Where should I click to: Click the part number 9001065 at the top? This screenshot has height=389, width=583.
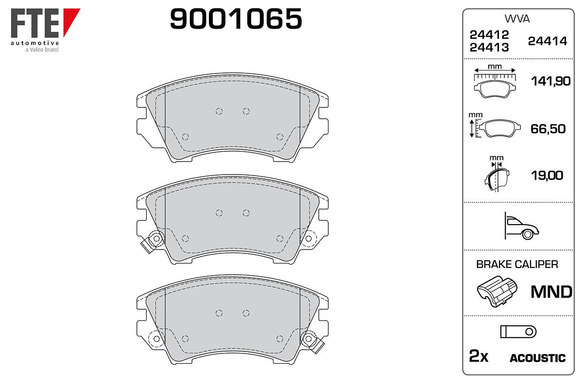pyautogui.click(x=236, y=18)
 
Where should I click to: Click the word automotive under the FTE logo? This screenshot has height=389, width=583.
pyautogui.click(x=35, y=43)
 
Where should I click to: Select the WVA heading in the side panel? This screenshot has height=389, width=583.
pyautogui.click(x=517, y=19)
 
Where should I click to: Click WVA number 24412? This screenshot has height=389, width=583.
pyautogui.click(x=489, y=35)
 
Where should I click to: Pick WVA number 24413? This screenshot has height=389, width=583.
pyautogui.click(x=489, y=48)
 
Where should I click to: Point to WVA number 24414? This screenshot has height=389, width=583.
pyautogui.click(x=548, y=41)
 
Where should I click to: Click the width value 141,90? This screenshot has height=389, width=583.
pyautogui.click(x=551, y=81)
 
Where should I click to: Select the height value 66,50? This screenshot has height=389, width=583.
pyautogui.click(x=548, y=129)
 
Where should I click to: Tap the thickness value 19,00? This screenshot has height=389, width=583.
pyautogui.click(x=547, y=176)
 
